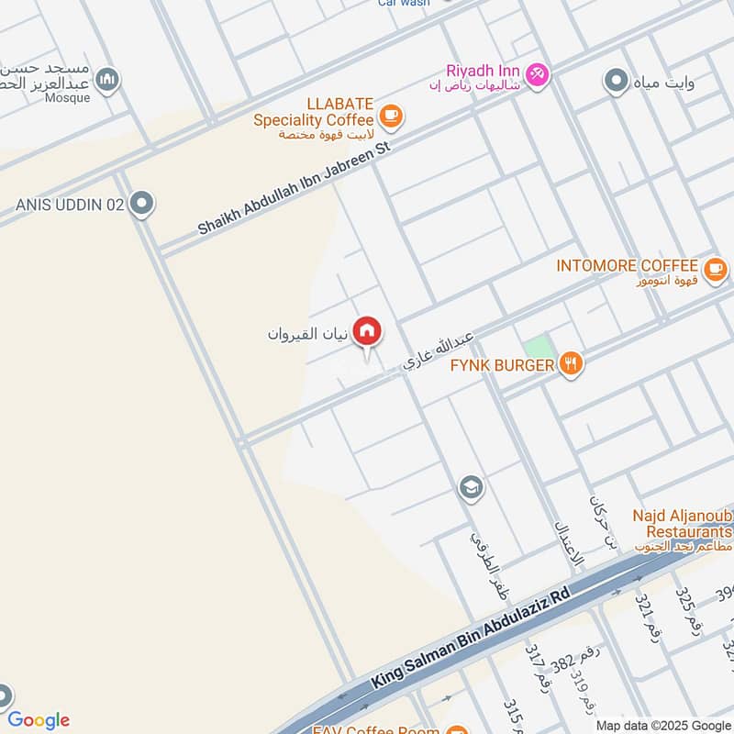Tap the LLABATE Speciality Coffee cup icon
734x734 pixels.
pyautogui.click(x=392, y=116)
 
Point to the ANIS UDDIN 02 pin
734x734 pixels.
pyautogui.click(x=141, y=204)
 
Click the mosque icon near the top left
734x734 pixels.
pyautogui.click(x=108, y=80)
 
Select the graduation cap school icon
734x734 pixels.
pyautogui.click(x=471, y=486)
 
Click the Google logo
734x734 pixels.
pyautogui.click(x=39, y=720)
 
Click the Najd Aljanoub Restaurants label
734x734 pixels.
pyautogui.click(x=682, y=525)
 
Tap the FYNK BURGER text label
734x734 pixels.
pyautogui.click(x=502, y=366)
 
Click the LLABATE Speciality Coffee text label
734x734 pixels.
pyautogui.click(x=313, y=119)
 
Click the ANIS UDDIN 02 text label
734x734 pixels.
pyautogui.click(x=69, y=205)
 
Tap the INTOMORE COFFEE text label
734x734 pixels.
pyautogui.click(x=628, y=266)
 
